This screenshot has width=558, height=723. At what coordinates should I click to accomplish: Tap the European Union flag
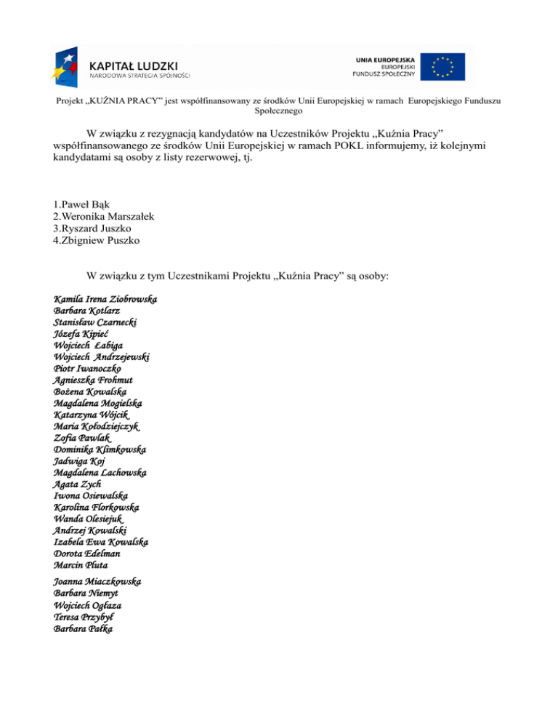[x=442, y=65]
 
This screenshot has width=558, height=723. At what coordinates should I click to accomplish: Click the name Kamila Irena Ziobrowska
[x=106, y=299]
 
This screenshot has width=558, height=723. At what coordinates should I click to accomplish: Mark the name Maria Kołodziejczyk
[x=96, y=427]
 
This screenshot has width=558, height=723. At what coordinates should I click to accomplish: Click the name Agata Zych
[x=77, y=485]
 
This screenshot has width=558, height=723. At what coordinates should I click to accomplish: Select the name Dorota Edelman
[x=86, y=555]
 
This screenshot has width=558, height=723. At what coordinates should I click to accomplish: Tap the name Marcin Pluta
[x=81, y=567]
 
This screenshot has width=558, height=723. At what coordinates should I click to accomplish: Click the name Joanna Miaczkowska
[x=97, y=583]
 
